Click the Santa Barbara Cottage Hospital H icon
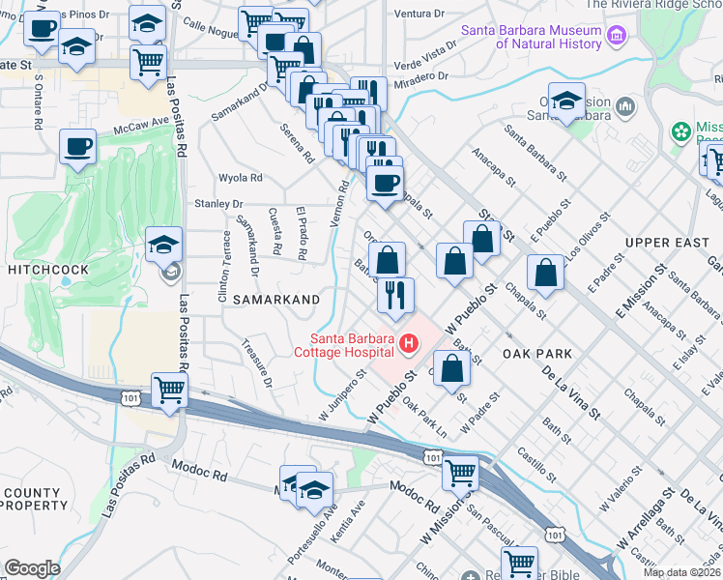point(409,343)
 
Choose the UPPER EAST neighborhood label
point(667,242)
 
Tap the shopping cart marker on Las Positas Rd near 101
point(169,391)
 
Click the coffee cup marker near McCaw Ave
point(77,147)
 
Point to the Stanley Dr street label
point(217,204)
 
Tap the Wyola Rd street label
point(241,178)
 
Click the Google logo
point(32,567)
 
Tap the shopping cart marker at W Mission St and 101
point(460,473)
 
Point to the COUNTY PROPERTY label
point(33,500)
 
